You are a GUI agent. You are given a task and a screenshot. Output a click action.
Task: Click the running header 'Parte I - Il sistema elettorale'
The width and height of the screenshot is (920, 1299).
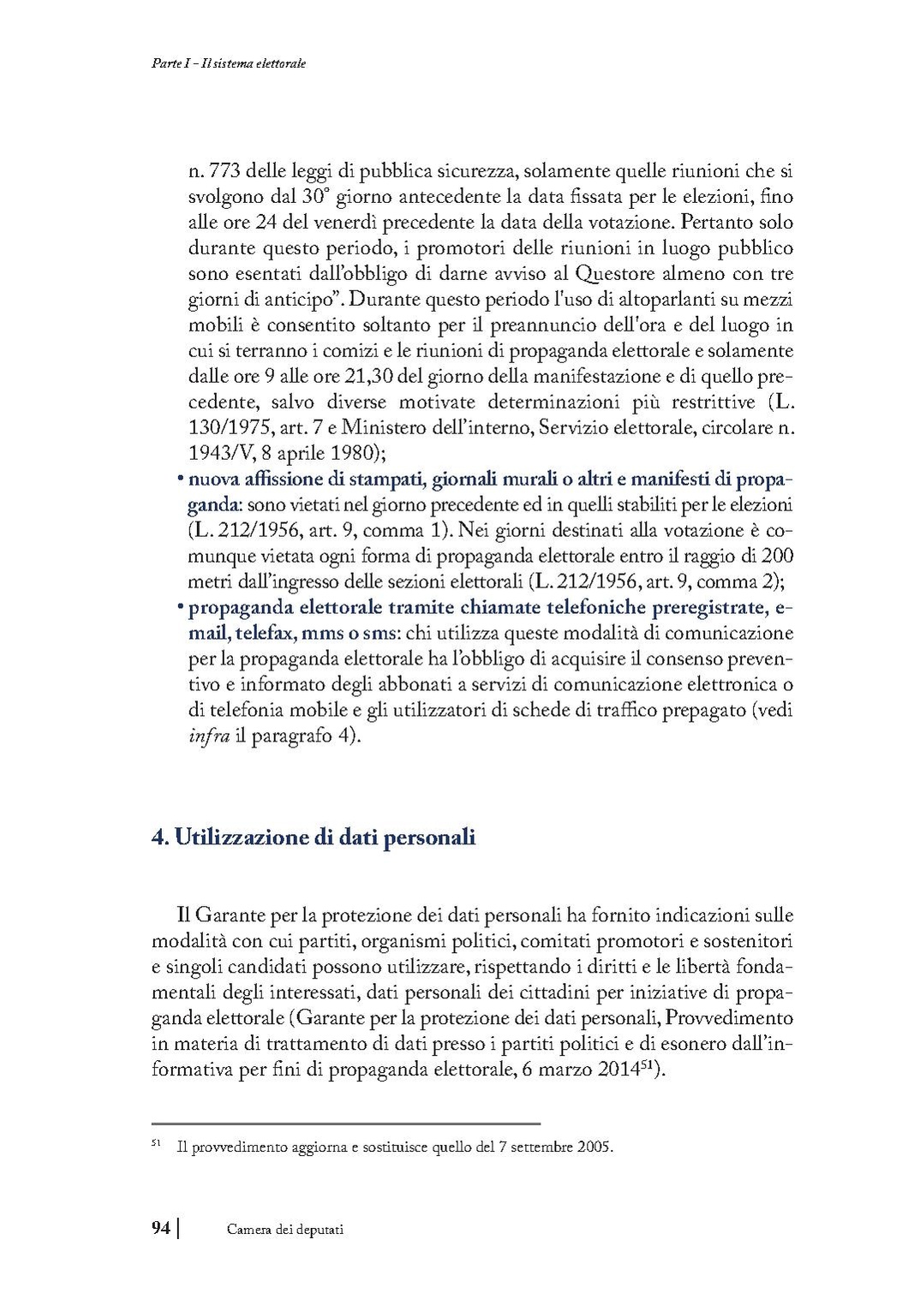coord(224,64)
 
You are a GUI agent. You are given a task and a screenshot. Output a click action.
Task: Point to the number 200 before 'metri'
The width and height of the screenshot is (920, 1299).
coord(777,555)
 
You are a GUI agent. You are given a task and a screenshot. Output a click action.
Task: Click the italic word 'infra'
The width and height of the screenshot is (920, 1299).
coord(208,736)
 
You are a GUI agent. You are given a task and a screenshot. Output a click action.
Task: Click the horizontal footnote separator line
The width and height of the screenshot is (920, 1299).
coord(345,1123)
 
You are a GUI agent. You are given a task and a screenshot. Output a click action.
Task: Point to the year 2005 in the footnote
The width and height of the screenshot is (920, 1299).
coord(595,1147)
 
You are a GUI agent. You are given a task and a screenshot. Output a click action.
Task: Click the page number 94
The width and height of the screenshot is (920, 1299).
coord(161,1229)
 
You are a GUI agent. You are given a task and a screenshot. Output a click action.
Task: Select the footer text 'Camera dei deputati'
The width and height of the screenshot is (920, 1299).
coord(284,1230)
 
